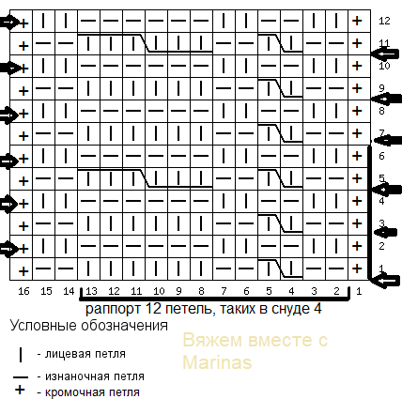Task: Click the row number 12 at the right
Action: coord(384,21)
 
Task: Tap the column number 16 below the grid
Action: coord(23,291)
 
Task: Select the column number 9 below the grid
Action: coord(178,291)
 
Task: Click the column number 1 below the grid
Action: coord(359,291)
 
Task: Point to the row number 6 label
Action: coord(381,156)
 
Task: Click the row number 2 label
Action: coord(381,246)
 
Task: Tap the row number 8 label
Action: coord(381,111)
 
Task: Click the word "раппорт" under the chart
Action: coord(113,309)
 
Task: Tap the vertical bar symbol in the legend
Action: coord(21,355)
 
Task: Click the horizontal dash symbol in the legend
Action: coord(21,377)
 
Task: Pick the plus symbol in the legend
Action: coord(20,390)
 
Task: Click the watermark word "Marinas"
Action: coord(217,362)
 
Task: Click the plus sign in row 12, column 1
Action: coord(357,21)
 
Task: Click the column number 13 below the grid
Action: coord(91,291)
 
